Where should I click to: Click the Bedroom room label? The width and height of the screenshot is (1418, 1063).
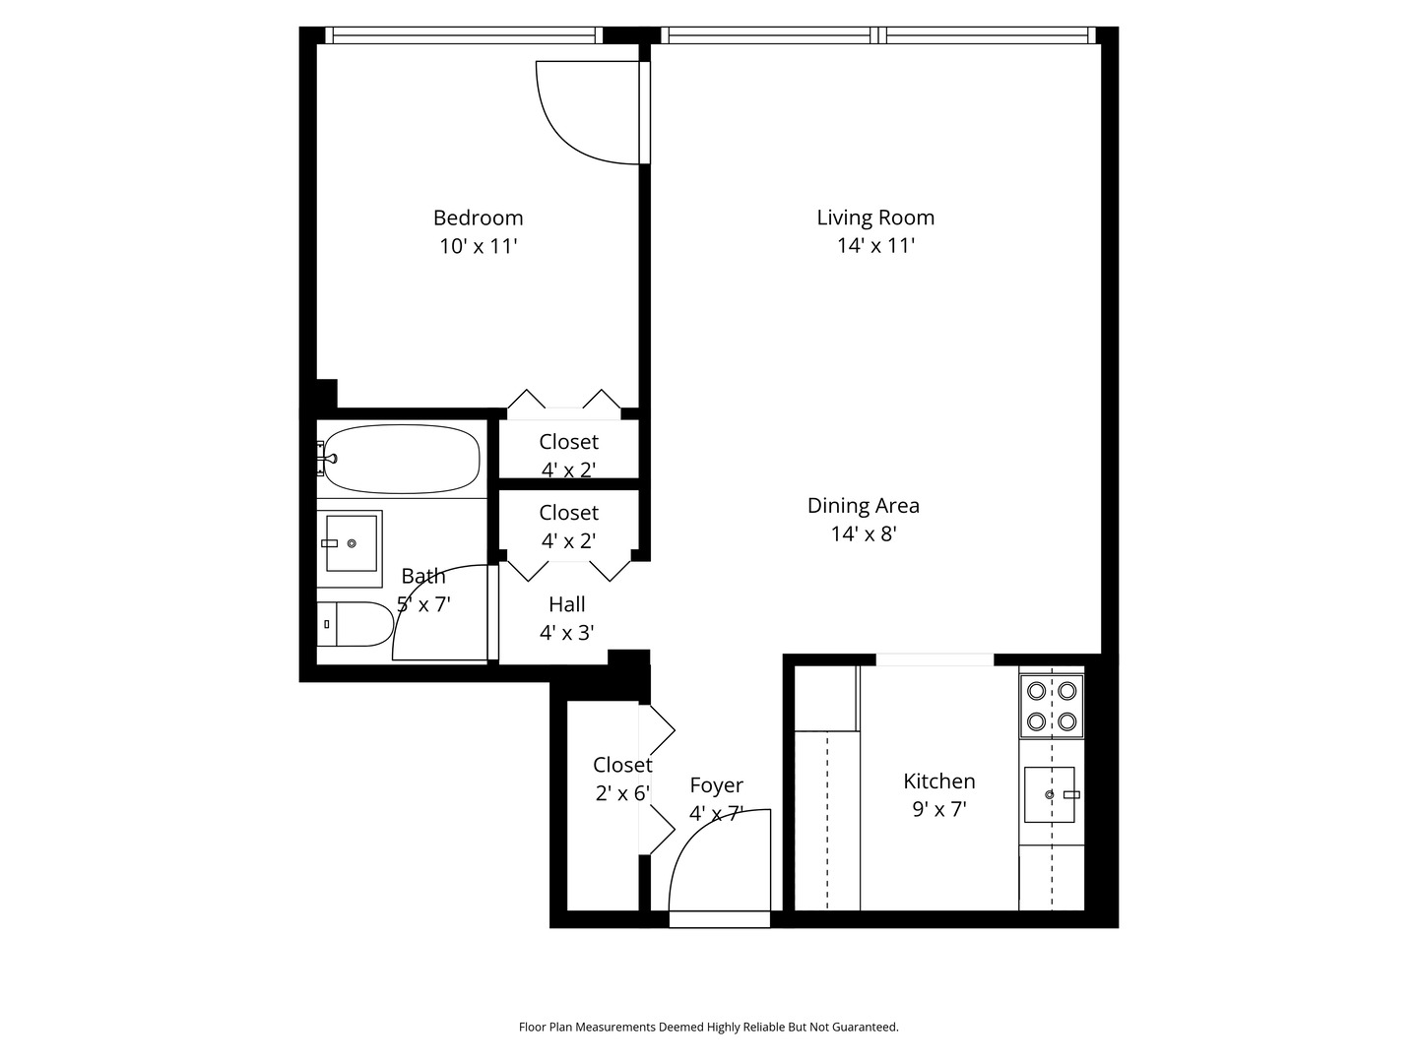(478, 218)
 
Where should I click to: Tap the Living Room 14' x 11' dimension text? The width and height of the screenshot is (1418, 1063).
(875, 246)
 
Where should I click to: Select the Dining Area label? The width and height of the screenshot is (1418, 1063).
(863, 506)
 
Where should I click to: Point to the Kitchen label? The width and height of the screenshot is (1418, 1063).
(938, 782)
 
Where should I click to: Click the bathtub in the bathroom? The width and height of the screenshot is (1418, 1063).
(402, 459)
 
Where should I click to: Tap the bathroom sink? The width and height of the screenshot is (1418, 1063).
(351, 543)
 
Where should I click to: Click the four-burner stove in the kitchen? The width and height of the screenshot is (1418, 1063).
(1051, 706)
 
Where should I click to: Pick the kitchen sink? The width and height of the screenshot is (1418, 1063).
(1050, 794)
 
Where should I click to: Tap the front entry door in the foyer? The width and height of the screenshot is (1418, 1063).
(719, 919)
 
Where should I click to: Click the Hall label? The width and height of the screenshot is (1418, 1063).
(567, 604)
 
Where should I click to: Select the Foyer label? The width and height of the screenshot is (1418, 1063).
(716, 785)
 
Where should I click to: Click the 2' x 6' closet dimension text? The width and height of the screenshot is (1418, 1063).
(622, 793)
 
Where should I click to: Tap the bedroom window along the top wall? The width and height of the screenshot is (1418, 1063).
(463, 35)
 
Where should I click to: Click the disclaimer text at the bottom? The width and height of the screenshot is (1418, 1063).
(708, 1027)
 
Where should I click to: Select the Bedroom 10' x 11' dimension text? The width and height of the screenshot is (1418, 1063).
(478, 246)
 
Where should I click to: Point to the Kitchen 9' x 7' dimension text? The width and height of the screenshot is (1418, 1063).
(938, 810)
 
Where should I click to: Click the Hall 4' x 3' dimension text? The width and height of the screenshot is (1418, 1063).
(567, 633)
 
